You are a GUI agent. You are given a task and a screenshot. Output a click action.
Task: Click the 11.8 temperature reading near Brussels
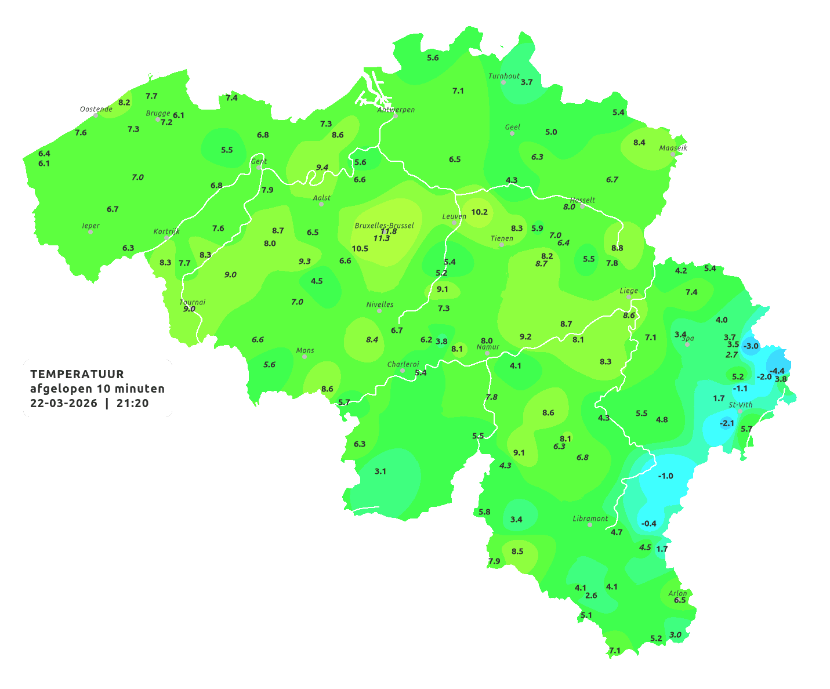[389, 231]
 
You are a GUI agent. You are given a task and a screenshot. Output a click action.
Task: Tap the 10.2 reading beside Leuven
[479, 212]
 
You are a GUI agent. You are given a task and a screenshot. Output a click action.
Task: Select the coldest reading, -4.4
[777, 371]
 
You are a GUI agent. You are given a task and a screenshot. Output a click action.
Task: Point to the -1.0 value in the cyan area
[666, 476]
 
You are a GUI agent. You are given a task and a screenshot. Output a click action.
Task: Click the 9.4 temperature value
[322, 168]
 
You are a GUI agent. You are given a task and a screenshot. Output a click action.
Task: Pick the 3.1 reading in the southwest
[380, 472]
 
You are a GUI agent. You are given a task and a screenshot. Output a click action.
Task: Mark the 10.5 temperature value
[360, 249]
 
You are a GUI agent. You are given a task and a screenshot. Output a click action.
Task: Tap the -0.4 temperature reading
[649, 524]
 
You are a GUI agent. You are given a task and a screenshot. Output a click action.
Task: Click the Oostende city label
[96, 109]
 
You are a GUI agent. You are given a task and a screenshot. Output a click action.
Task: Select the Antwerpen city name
[396, 110]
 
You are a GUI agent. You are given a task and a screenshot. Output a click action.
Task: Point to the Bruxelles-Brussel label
[384, 225]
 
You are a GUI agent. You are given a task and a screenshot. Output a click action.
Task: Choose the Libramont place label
[590, 518]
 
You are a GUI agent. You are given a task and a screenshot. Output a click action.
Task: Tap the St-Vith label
[741, 405]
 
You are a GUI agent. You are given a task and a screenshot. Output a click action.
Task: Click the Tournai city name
[193, 302]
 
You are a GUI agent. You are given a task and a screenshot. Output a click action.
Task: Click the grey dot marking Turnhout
[503, 82]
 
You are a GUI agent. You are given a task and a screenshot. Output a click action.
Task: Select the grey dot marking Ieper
[90, 231]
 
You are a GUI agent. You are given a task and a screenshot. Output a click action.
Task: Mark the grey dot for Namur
[487, 353]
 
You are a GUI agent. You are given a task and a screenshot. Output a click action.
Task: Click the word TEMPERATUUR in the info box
[77, 375]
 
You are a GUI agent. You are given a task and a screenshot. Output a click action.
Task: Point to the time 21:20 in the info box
[132, 403]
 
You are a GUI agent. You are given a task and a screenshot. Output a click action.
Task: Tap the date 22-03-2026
[64, 403]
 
